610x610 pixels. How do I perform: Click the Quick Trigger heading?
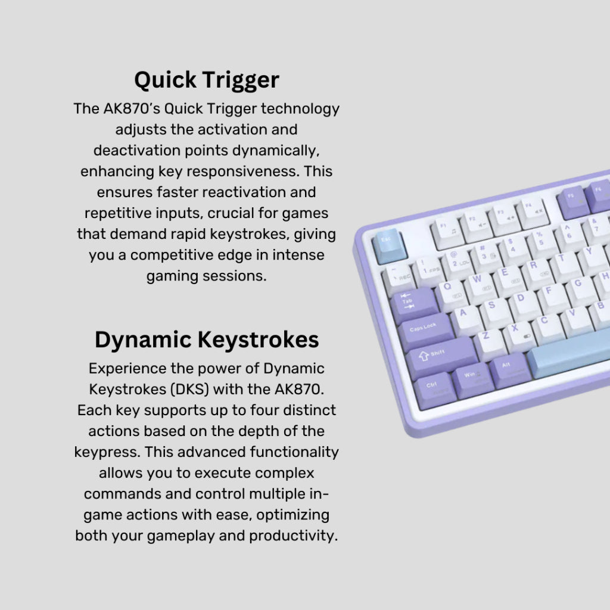point(207,80)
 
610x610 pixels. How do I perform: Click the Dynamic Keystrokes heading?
point(207,340)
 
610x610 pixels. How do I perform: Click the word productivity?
point(293,536)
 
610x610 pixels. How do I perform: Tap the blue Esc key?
point(390,245)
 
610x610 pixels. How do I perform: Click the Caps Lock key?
point(425,331)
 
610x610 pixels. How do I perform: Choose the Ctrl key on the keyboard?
point(434,391)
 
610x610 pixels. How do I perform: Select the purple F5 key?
point(574,201)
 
